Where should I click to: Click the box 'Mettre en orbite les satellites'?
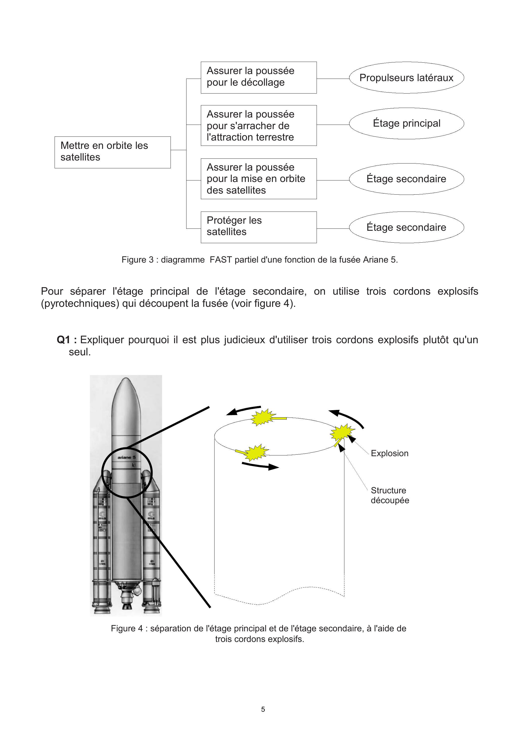click(x=112, y=152)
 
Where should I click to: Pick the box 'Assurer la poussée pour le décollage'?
click(x=258, y=77)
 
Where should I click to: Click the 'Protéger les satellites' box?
click(x=258, y=227)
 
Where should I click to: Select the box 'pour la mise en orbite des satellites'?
click(x=258, y=179)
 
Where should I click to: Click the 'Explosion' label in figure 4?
click(x=389, y=453)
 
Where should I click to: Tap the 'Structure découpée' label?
click(x=390, y=495)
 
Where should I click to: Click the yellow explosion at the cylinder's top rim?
click(x=263, y=418)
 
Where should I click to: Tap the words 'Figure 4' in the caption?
click(x=127, y=628)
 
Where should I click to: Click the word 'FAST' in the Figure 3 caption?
click(x=221, y=260)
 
